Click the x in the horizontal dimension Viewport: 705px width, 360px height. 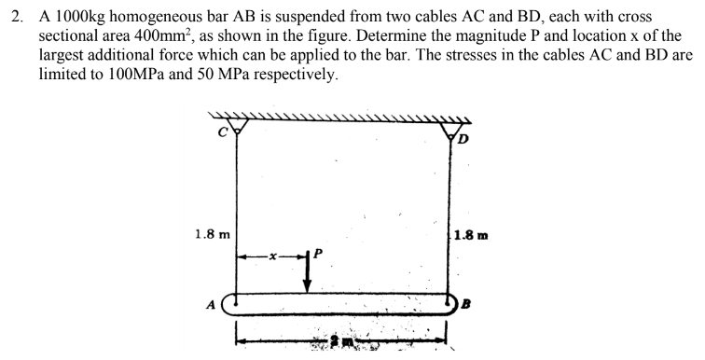point(274,256)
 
